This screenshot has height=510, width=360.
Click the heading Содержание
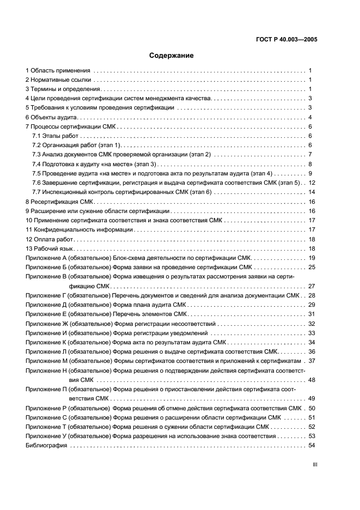171,56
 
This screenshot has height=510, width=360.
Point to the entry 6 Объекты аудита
52,117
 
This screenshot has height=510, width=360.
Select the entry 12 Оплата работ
48,239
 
